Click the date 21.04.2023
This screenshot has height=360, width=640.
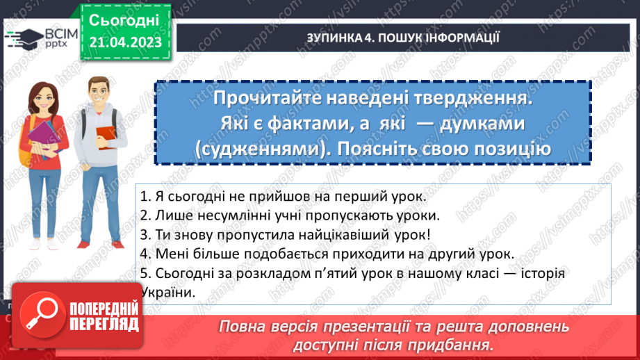[x=125, y=42]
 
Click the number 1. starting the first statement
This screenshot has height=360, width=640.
[x=145, y=196]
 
